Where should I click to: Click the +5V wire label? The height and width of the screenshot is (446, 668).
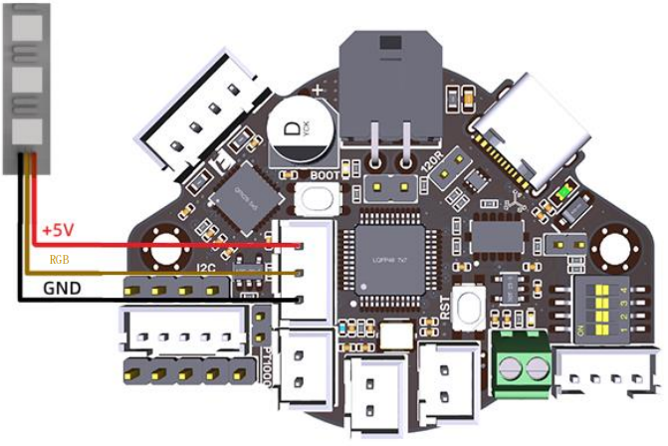coord(58,230)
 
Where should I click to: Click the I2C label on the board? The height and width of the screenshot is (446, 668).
coord(208,267)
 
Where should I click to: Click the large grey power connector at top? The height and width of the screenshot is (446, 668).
coord(391,90)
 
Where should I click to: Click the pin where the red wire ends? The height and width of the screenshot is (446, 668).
coord(300,246)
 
